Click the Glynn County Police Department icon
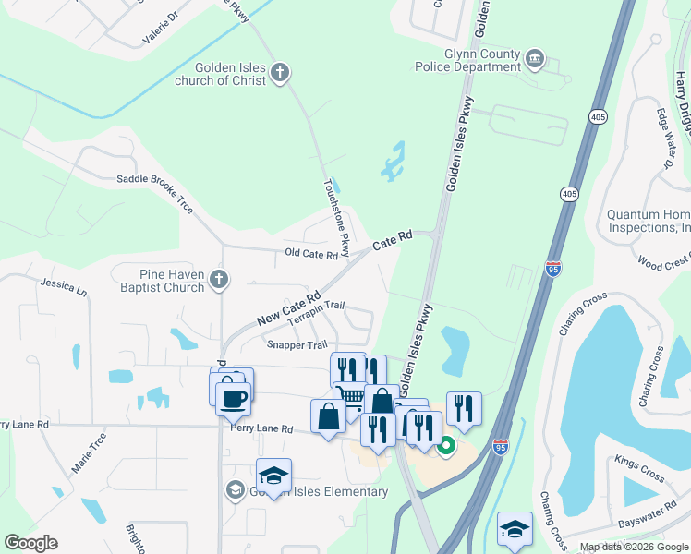click(x=535, y=61)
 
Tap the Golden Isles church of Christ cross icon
click(x=281, y=72)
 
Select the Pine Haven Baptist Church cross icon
click(x=218, y=278)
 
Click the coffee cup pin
click(x=233, y=398)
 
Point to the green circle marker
click(x=445, y=448)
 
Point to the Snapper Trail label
click(x=297, y=345)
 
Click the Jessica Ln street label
click(x=63, y=288)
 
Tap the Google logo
click(x=30, y=543)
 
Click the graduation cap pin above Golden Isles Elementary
click(x=273, y=475)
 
